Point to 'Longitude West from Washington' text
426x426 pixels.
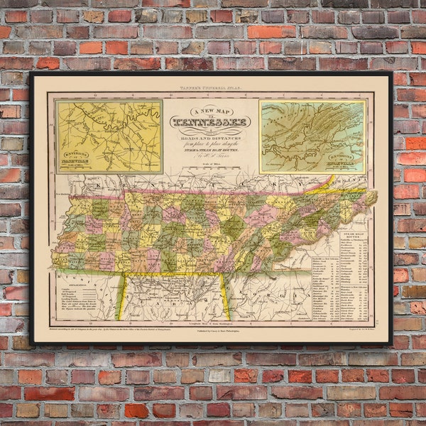click(x=174, y=322)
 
